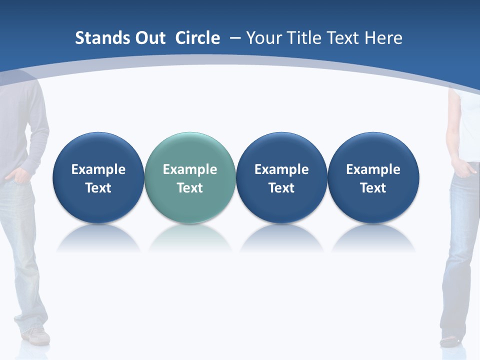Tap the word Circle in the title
197,38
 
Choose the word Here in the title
383,38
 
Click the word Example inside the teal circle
190,169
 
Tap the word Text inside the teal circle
190,188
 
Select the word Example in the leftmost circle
98,169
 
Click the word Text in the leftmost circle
98,188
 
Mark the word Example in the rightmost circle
373,169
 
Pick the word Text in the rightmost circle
373,188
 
